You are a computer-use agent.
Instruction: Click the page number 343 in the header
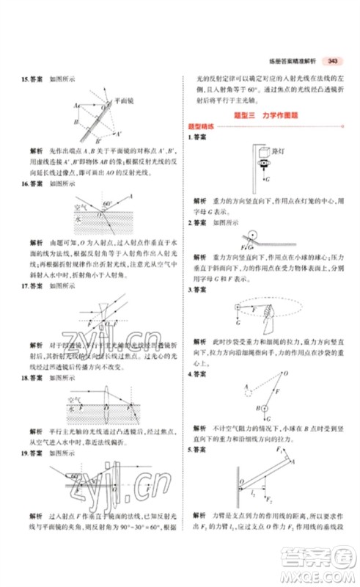tap(333, 60)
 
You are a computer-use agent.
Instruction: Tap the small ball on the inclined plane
tap(252, 236)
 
